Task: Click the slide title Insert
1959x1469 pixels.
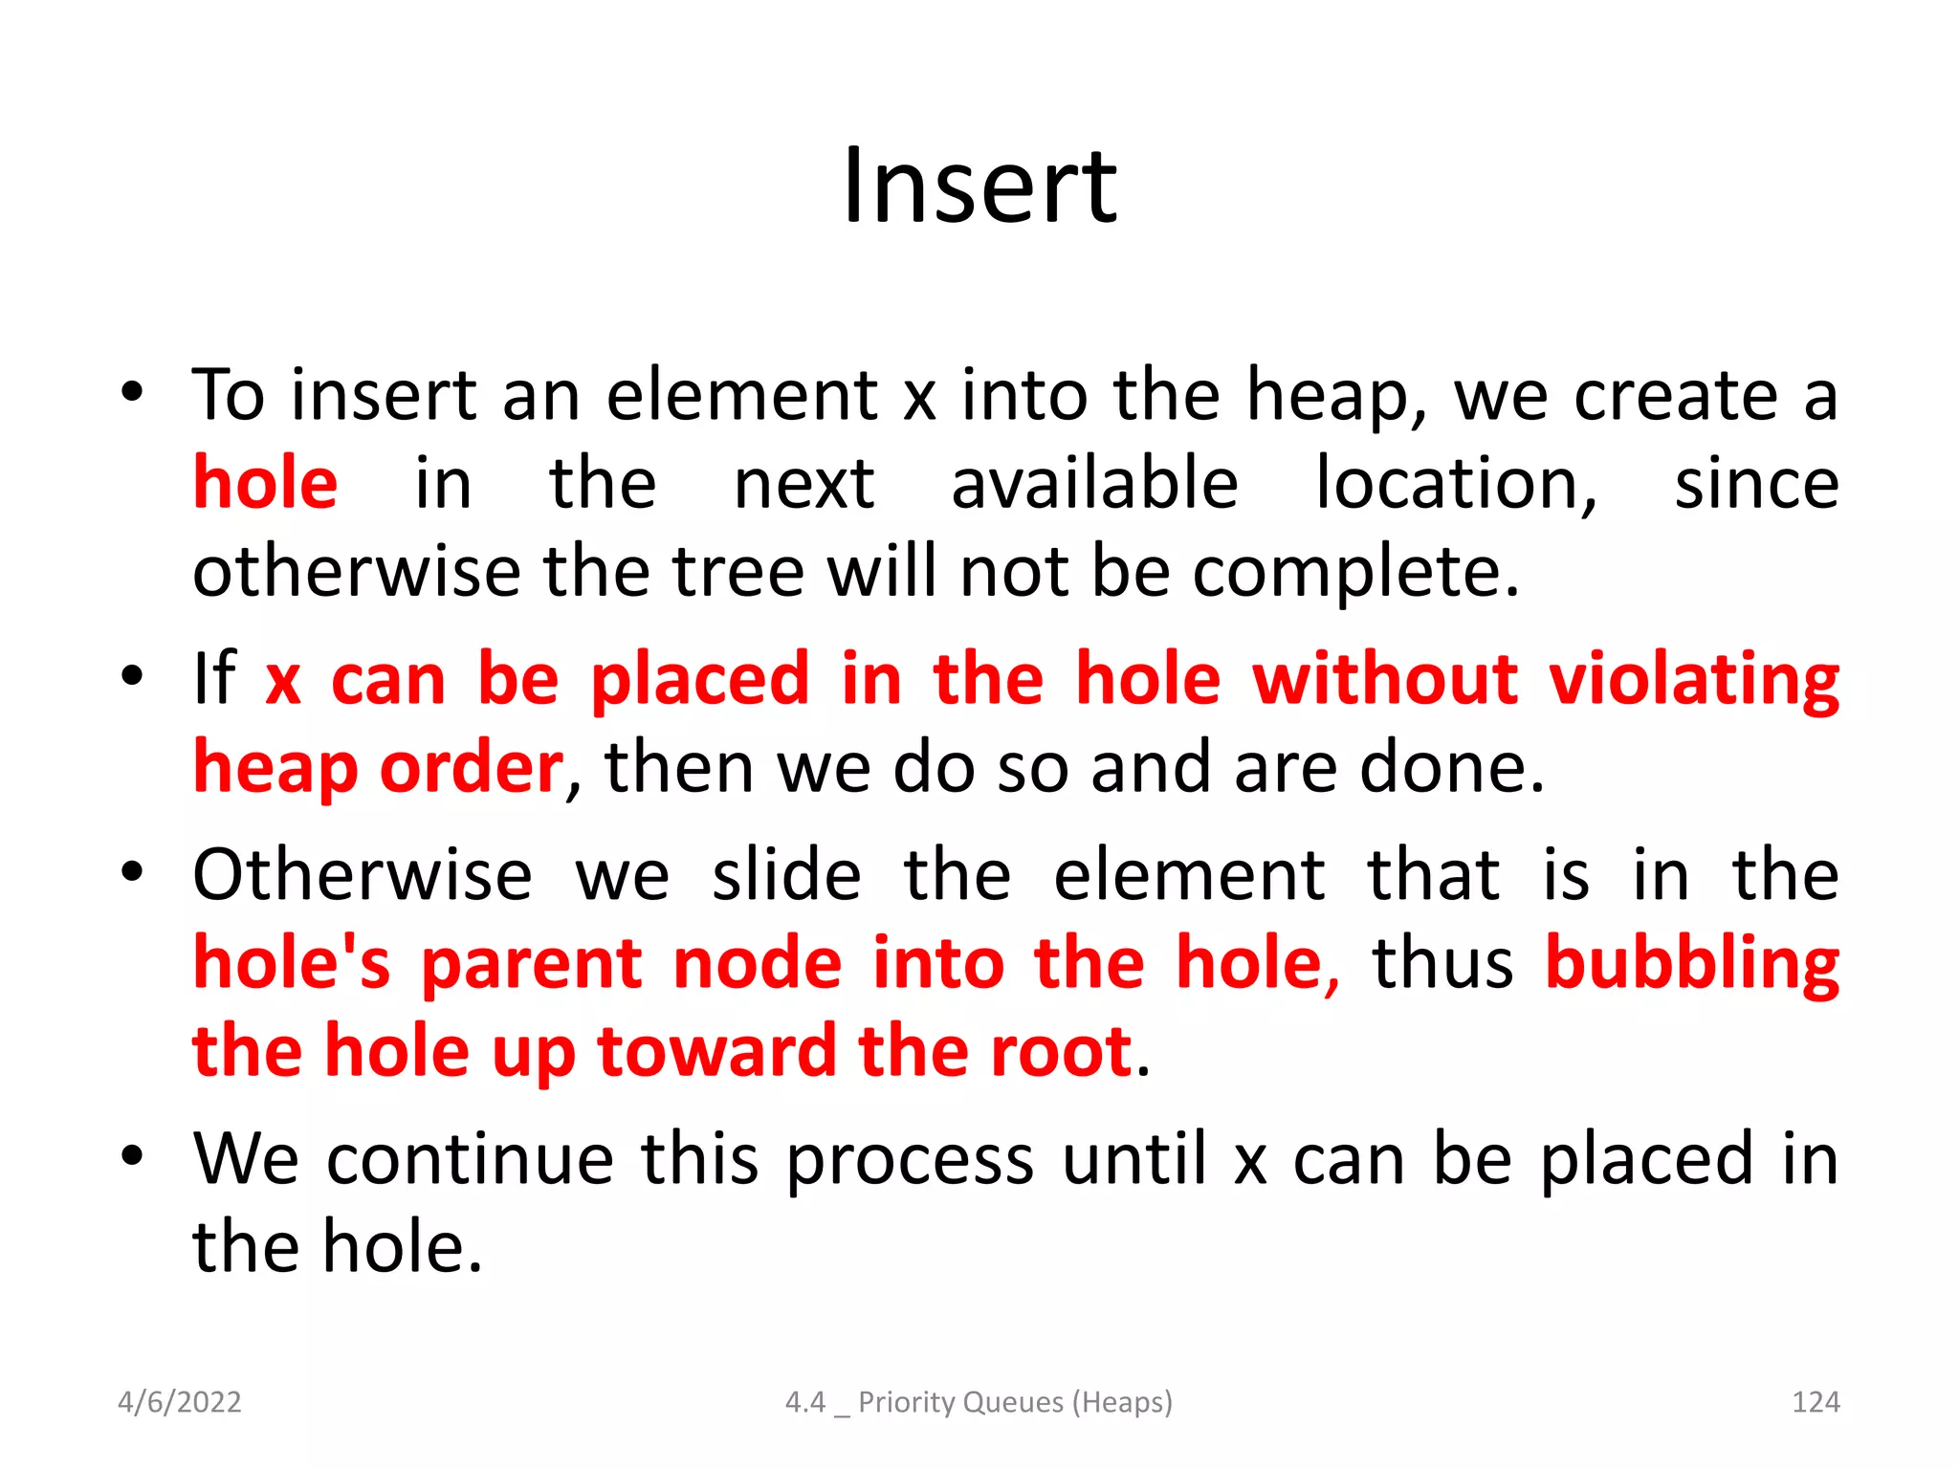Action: click(x=979, y=186)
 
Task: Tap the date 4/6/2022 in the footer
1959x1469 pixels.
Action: click(x=179, y=1402)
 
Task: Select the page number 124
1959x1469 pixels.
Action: click(x=1815, y=1402)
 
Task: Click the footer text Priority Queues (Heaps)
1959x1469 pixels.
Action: click(x=1015, y=1402)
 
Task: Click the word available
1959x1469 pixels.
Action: click(x=1094, y=484)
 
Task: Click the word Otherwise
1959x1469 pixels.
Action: click(x=363, y=875)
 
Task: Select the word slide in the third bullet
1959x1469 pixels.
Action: click(x=786, y=875)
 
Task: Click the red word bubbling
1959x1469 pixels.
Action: click(x=1691, y=964)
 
